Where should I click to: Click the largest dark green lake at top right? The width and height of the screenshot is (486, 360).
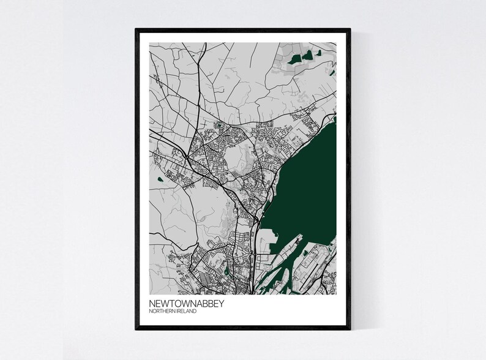[296, 59]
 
